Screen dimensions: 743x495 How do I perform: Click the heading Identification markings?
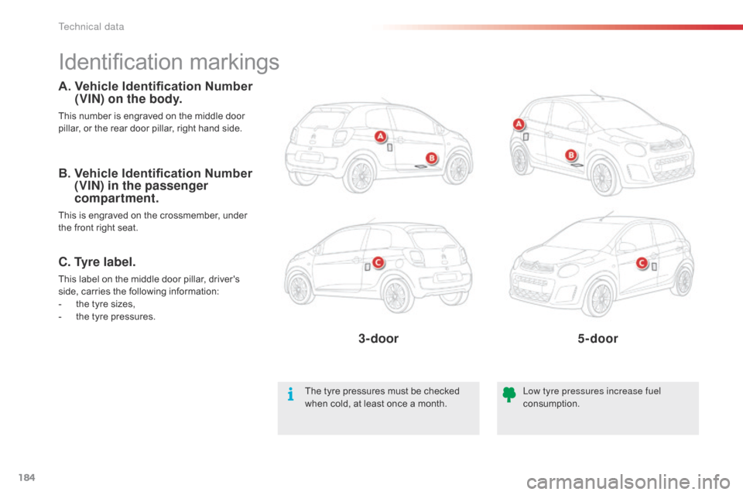coord(169,62)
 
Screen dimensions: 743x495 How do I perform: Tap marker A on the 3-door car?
coord(380,137)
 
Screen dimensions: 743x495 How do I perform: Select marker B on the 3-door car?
coord(432,158)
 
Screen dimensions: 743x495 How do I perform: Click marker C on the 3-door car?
coord(379,262)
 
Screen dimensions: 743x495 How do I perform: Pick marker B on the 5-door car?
coord(571,155)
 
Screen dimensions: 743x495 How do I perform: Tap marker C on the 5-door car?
coord(642,264)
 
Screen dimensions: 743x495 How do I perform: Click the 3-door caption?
coord(378,338)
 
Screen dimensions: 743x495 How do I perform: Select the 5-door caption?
coord(597,338)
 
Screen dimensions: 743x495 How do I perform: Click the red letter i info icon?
coord(289,396)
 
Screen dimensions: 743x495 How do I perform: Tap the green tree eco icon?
coord(508,396)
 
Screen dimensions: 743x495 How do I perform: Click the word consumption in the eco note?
coord(551,404)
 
